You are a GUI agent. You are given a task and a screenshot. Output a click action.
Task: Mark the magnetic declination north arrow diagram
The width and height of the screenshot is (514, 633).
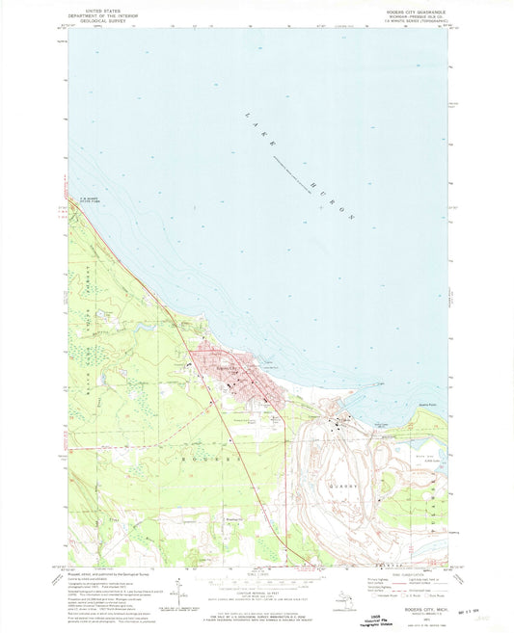tap(182, 589)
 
